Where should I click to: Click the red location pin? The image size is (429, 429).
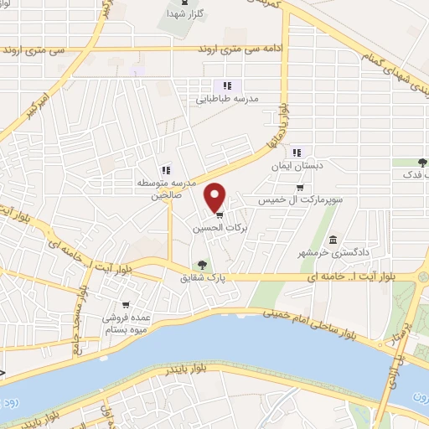[216, 197]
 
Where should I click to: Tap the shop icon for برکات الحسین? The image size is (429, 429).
[220, 214]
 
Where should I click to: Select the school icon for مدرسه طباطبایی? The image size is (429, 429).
[225, 85]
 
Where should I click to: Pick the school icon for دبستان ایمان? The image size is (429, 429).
[296, 152]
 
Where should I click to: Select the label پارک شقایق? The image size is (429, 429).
[199, 277]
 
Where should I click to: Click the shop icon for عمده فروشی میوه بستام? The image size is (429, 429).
[125, 304]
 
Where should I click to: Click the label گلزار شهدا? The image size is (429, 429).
[178, 14]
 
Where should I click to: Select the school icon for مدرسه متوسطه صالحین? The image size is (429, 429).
[165, 170]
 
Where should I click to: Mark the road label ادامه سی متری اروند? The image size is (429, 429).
[244, 49]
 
